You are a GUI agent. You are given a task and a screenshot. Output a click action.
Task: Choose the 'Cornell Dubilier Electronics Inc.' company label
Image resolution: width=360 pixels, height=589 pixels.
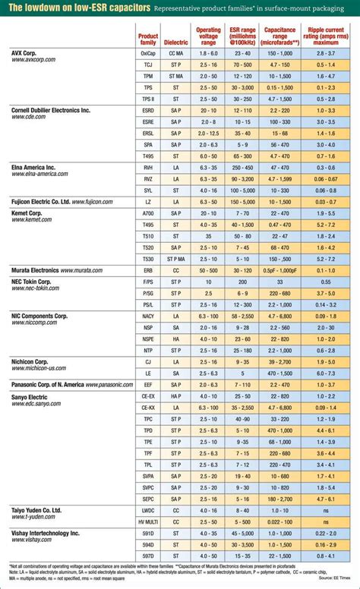click(61, 110)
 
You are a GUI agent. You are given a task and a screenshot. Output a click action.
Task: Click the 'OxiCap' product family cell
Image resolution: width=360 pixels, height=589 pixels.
click(148, 55)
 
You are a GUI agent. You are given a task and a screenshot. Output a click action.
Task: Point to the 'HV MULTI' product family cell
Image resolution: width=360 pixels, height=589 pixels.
click(148, 524)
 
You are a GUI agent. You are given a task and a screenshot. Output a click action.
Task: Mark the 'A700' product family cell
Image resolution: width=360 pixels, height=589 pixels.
click(148, 214)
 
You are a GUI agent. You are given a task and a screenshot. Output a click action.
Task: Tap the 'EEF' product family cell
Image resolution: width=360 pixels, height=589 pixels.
click(148, 385)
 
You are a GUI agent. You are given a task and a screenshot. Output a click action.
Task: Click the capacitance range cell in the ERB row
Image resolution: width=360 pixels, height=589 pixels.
click(280, 270)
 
